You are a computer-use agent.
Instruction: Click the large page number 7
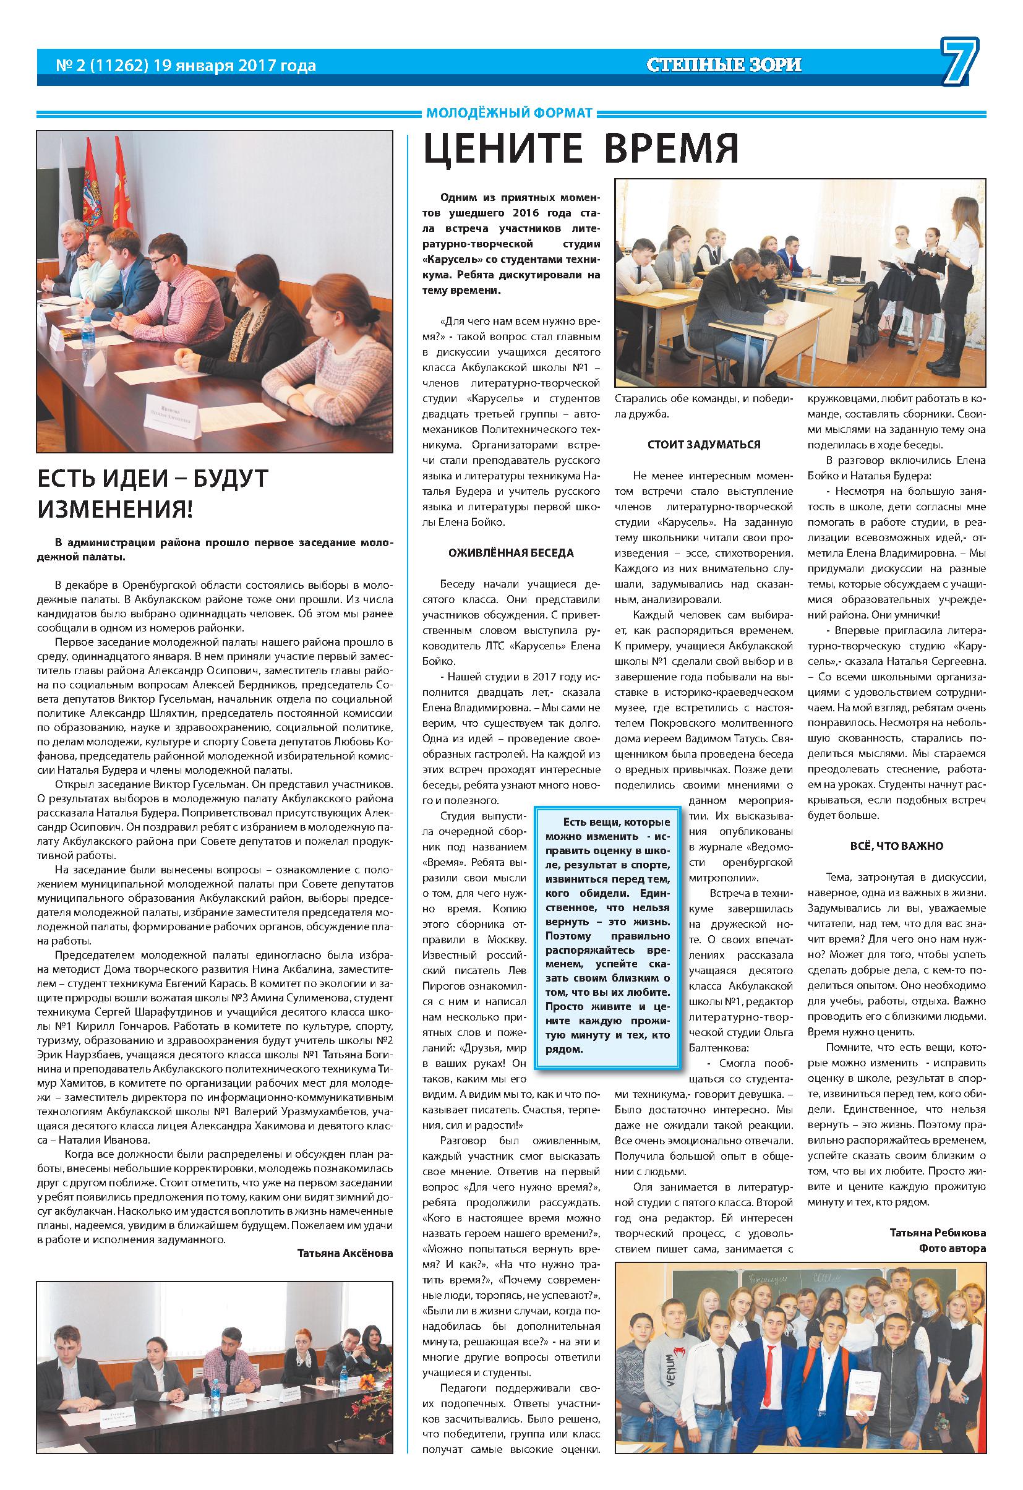(959, 64)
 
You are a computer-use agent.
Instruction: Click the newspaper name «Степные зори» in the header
(724, 65)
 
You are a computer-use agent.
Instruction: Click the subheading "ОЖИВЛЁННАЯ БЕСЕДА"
(511, 553)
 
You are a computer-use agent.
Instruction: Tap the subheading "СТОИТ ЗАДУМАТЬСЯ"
(704, 444)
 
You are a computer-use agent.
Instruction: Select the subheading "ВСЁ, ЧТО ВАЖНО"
(896, 846)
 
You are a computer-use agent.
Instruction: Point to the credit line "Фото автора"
(952, 1248)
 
